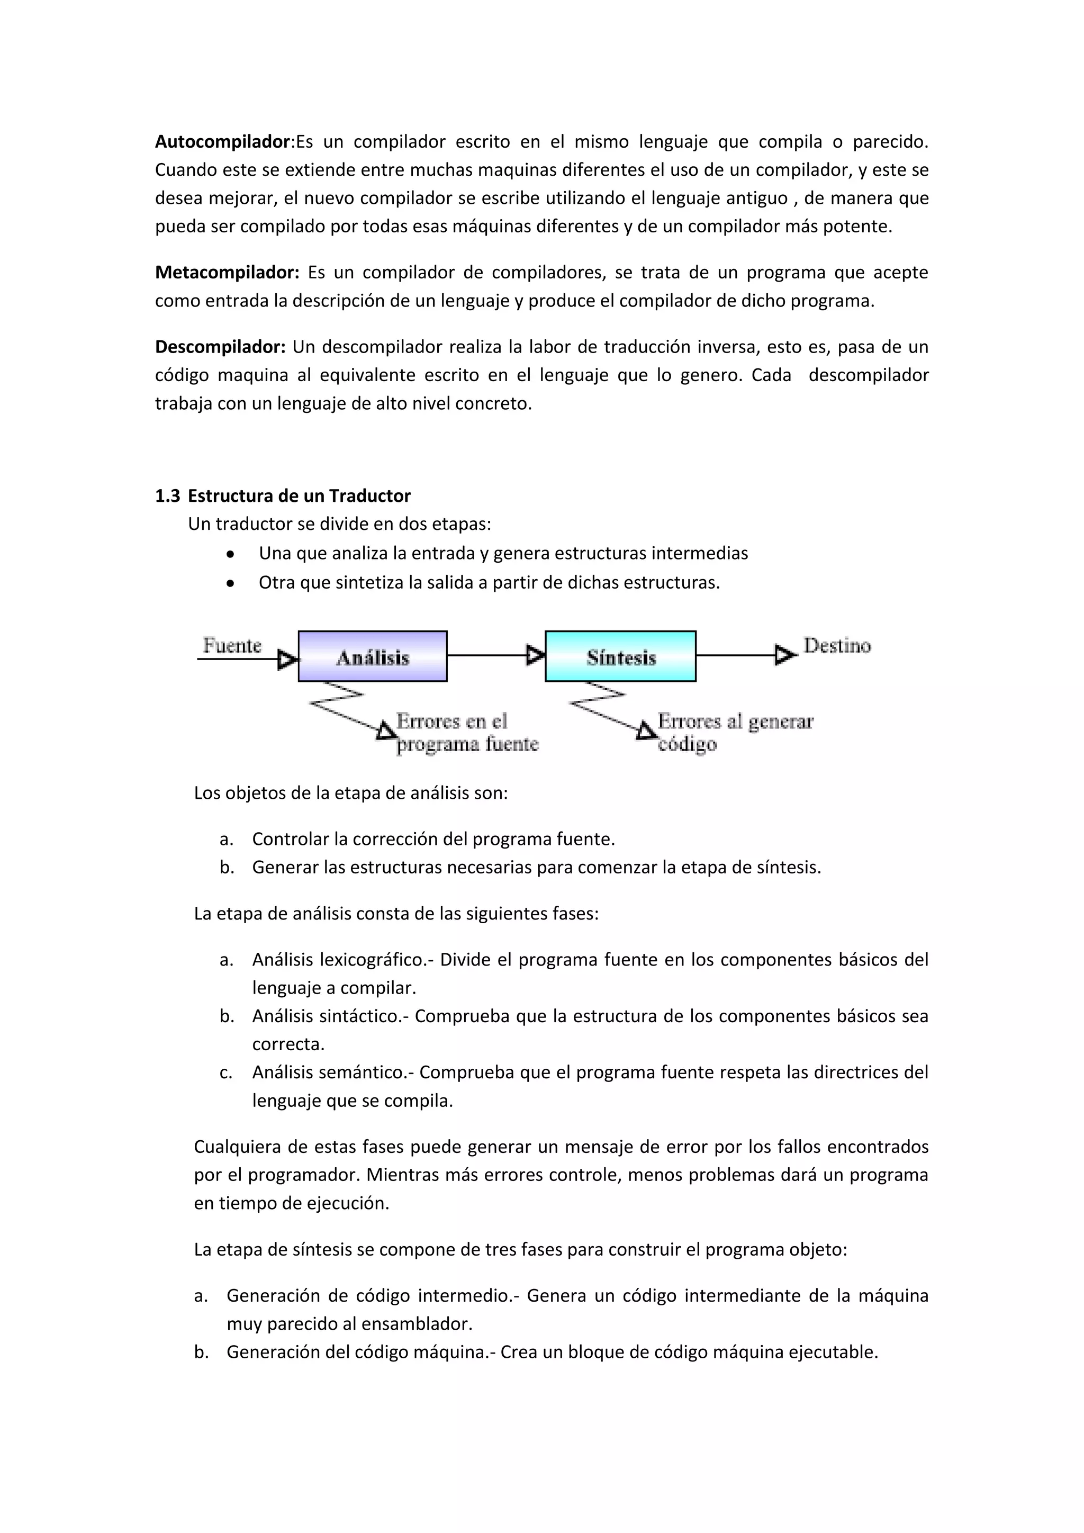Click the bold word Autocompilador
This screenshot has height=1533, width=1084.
(222, 141)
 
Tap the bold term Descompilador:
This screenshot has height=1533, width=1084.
(220, 347)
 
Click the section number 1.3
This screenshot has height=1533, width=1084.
(168, 496)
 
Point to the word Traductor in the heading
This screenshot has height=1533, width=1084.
(370, 496)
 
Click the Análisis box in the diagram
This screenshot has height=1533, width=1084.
(373, 656)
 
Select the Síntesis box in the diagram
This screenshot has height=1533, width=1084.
(621, 656)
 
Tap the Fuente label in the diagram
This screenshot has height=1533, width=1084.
(232, 646)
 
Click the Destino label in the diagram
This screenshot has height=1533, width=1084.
(837, 646)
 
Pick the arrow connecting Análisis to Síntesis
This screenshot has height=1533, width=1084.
(494, 655)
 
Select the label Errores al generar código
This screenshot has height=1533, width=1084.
(734, 733)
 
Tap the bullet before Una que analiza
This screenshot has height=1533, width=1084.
(230, 554)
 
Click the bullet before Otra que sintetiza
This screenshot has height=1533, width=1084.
(230, 583)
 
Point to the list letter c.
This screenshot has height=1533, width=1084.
(225, 1073)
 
